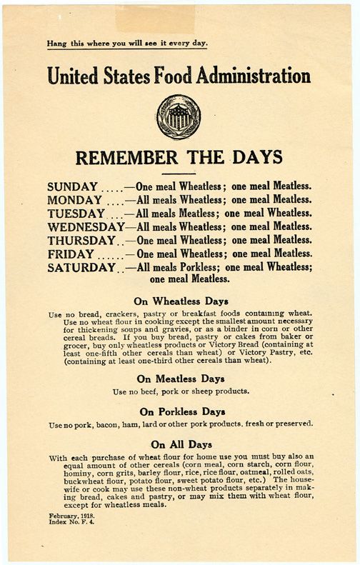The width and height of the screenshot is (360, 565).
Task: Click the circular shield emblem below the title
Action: coord(179,116)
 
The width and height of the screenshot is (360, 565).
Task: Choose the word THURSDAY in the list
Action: coord(81,241)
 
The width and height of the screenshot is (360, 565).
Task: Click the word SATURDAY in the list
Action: coord(81,268)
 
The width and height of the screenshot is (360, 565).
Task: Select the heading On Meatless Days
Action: coord(179,379)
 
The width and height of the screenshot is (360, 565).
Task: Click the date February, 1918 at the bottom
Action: coord(71,515)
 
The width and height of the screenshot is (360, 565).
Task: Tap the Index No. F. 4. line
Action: coord(72,522)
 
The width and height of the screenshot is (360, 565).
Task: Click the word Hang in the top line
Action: coord(56,43)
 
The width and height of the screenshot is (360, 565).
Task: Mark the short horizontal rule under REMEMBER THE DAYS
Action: coord(179,173)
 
